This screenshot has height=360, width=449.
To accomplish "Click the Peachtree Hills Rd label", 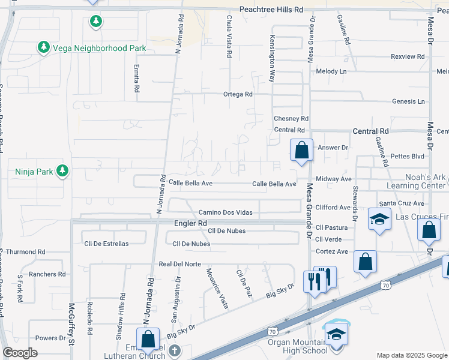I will pos(271,10).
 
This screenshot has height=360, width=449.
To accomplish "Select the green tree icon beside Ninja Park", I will pos(62,172).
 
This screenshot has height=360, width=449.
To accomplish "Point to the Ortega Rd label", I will pos(238,94).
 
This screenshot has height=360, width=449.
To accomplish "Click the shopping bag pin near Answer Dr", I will pos(301,150).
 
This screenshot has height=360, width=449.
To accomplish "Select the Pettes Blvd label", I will pos(407,156).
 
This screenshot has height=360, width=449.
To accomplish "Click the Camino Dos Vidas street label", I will pos(229,212).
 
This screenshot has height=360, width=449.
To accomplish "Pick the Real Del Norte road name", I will pos(180,264).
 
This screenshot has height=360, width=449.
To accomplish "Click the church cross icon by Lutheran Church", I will pos(174,350).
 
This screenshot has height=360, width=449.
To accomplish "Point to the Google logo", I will pos(20,353).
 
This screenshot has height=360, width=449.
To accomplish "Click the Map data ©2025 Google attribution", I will pos(411,355).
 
